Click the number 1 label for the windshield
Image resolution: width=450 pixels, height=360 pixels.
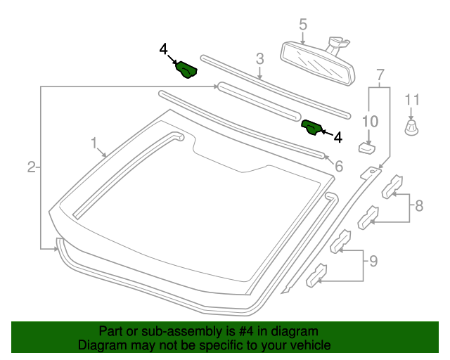(94, 143)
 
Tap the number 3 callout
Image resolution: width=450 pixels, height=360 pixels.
(259, 59)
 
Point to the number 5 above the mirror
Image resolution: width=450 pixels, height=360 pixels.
(303, 25)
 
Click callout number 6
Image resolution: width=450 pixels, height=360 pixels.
(338, 167)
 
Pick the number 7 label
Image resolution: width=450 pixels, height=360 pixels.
(380, 75)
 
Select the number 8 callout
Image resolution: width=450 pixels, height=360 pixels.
(419, 206)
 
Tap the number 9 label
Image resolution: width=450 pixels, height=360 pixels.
(373, 262)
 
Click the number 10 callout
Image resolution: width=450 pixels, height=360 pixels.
(369, 120)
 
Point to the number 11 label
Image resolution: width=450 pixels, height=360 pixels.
(412, 100)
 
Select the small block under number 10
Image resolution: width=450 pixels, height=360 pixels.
(366, 148)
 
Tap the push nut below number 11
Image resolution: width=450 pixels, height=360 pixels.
(411, 128)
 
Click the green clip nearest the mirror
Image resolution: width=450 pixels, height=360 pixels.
(311, 127)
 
